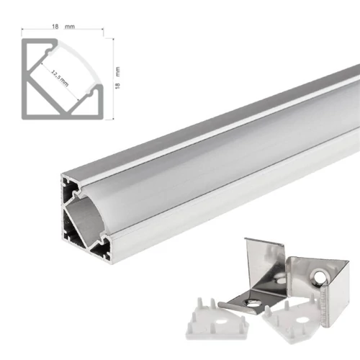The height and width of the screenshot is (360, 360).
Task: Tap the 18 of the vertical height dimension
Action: [117, 84]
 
